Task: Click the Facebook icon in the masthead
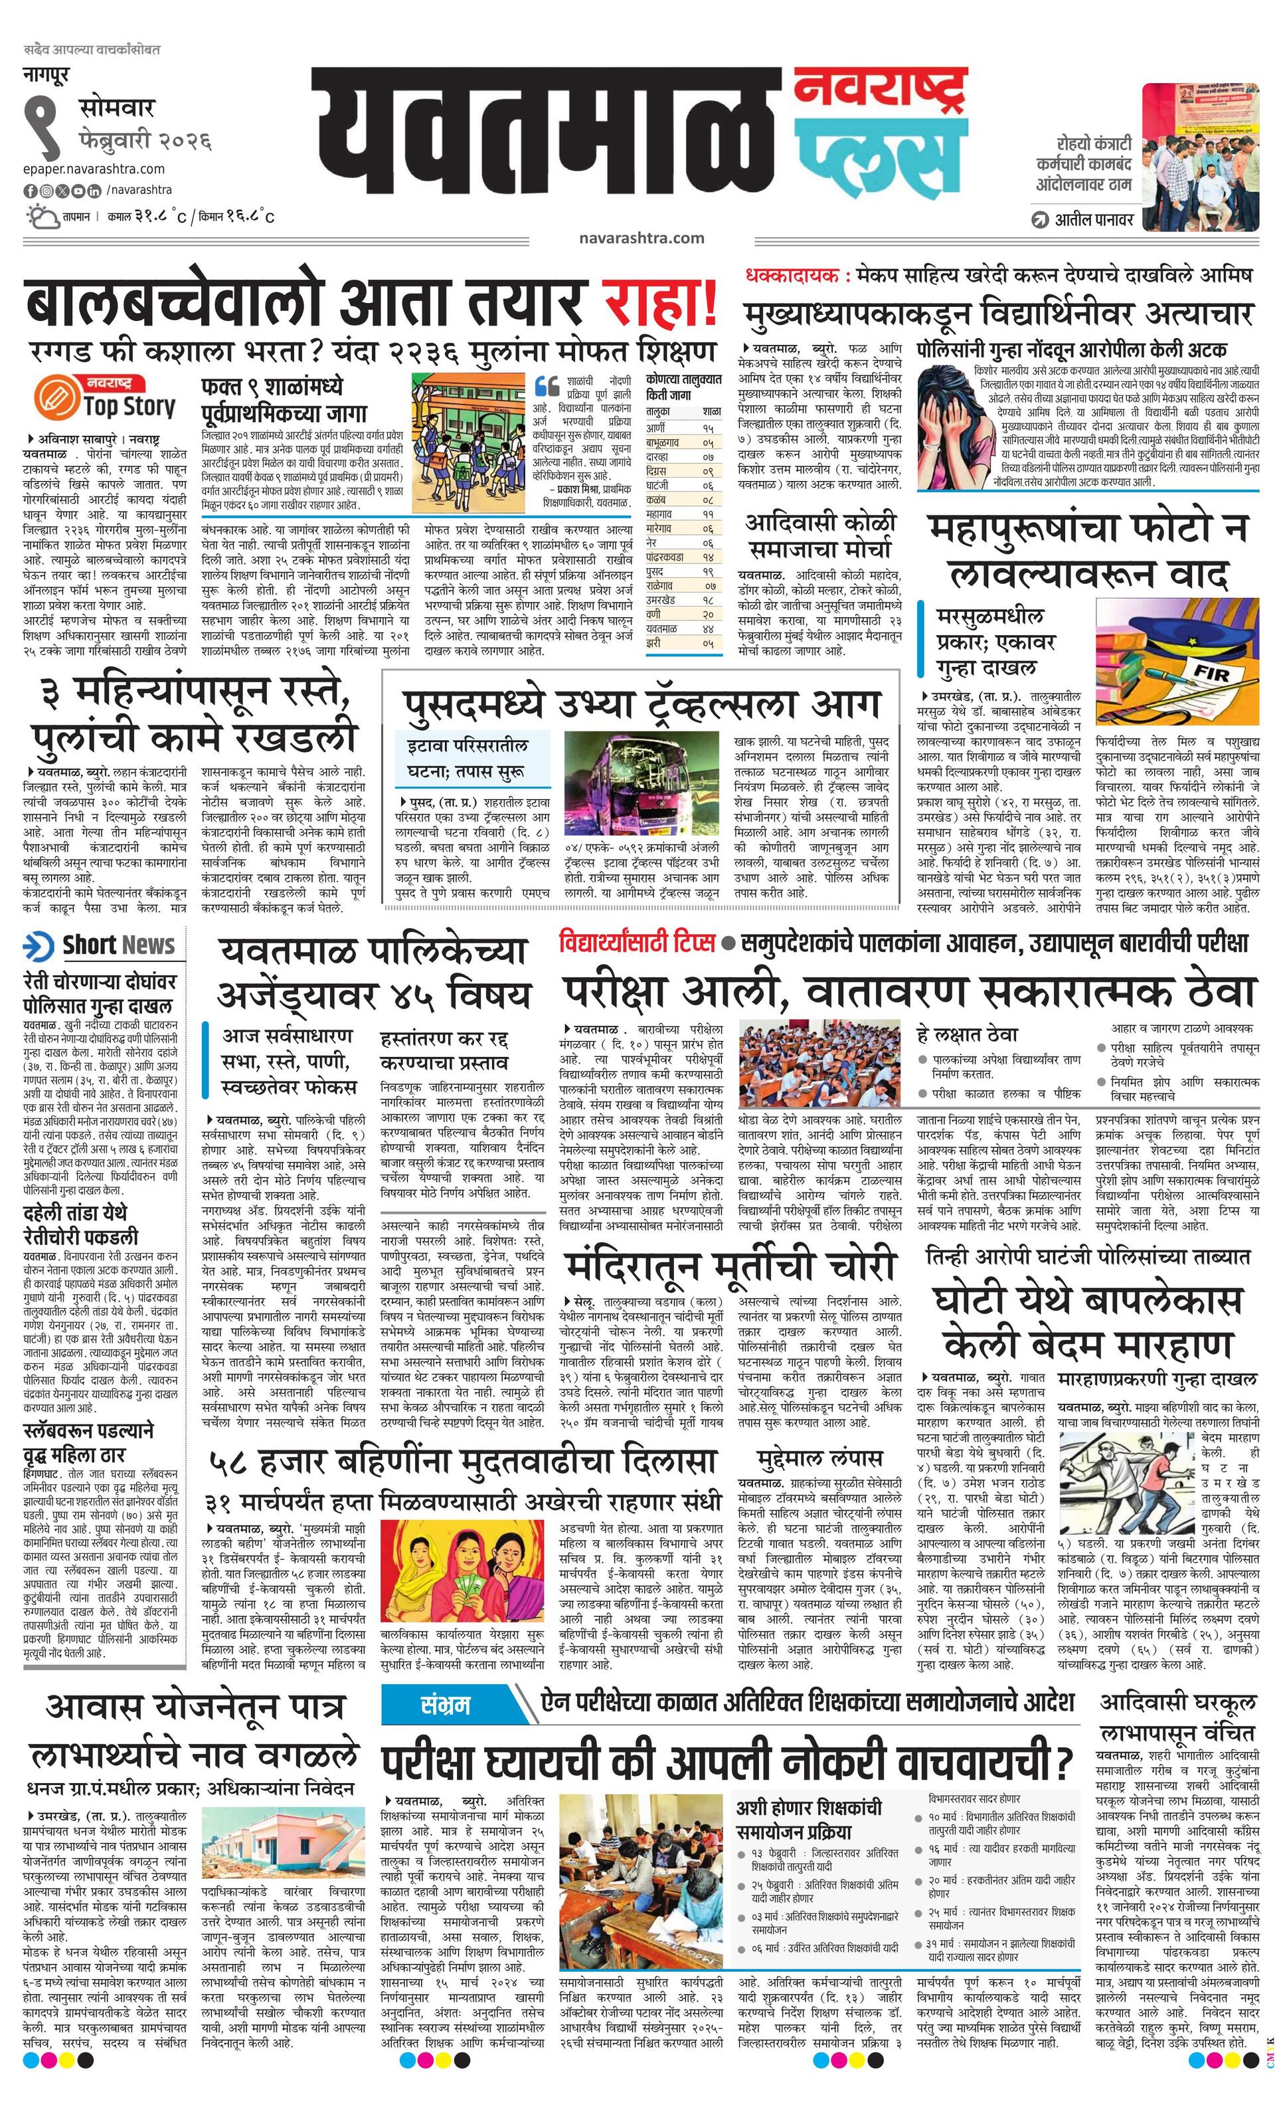tap(30, 190)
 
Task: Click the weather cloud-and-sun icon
tap(42, 216)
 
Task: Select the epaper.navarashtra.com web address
tap(94, 169)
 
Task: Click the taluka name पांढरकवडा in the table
tap(668, 557)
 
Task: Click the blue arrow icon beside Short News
tap(39, 946)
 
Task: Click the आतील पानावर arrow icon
tap(1040, 219)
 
